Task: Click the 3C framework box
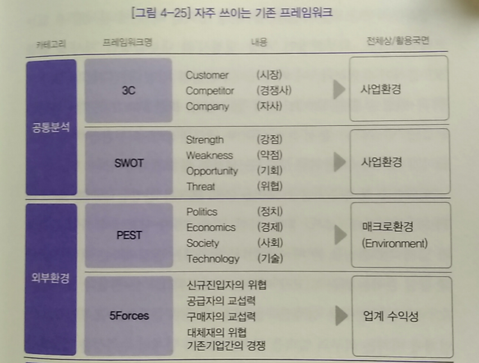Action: pos(128,90)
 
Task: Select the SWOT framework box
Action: pos(129,163)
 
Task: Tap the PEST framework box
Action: pos(129,235)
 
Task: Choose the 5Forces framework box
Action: pos(129,316)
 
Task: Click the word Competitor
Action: pos(210,90)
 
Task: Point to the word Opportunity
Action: pos(212,171)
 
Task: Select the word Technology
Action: pos(213,259)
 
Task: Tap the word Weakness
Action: pos(209,155)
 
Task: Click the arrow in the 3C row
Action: pos(339,89)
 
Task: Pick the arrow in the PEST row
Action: pos(341,235)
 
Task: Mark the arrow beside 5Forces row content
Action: pos(341,315)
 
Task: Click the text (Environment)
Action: pos(395,243)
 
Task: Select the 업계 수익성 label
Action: pos(390,316)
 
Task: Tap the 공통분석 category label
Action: pos(51,127)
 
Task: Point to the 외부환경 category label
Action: pos(51,278)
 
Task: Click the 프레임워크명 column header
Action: pos(127,42)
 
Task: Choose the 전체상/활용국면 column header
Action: pos(398,40)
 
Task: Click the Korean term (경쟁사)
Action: pos(274,90)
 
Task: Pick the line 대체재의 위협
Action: pos(217,332)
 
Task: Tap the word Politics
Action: pos(202,212)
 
